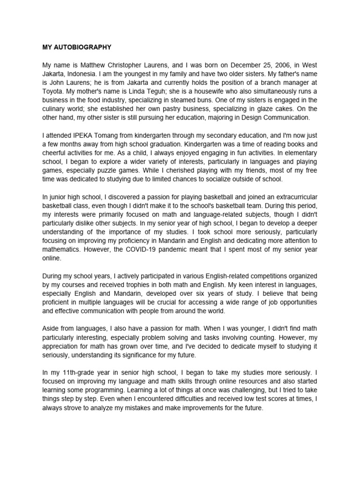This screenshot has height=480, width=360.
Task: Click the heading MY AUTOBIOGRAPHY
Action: click(77, 47)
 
